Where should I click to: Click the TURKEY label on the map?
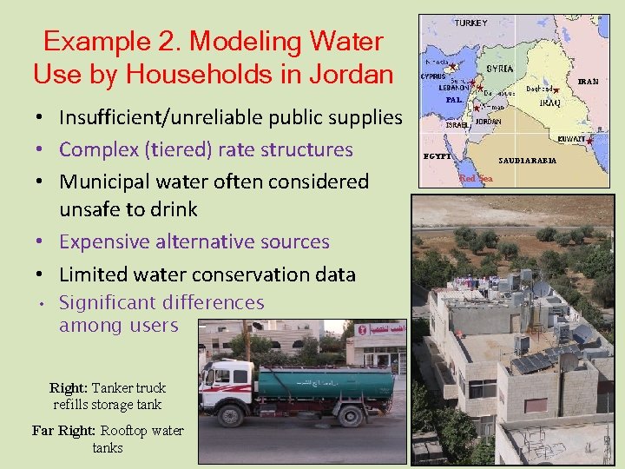(x=470, y=23)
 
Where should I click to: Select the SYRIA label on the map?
(x=499, y=69)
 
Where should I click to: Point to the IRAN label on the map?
(x=588, y=82)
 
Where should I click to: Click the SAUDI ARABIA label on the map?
(x=527, y=161)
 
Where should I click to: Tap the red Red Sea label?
(x=476, y=179)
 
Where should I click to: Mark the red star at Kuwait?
(x=589, y=141)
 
